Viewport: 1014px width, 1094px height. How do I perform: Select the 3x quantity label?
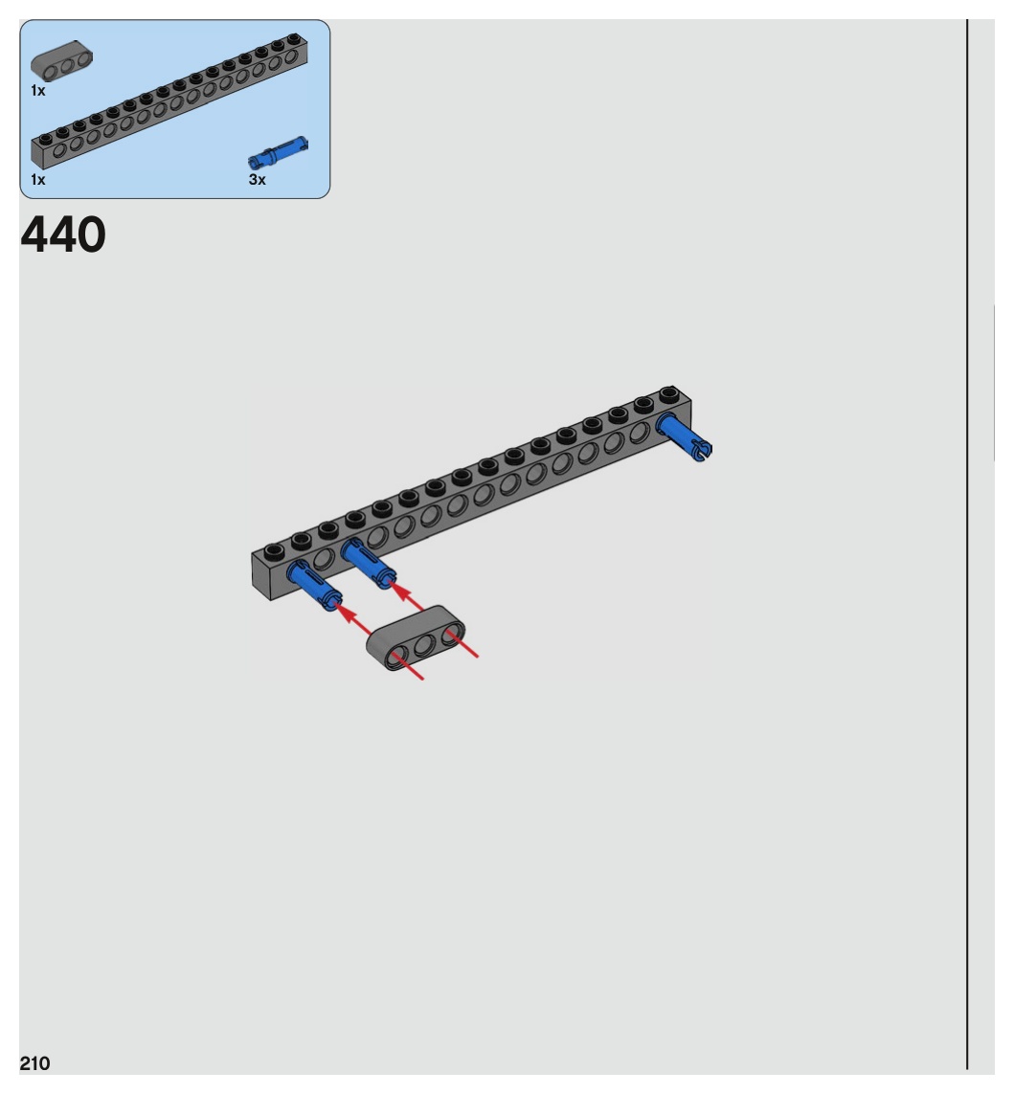coord(257,179)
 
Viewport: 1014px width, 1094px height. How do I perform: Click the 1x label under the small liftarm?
coord(38,90)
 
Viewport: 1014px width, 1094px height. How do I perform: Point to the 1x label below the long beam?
coord(38,179)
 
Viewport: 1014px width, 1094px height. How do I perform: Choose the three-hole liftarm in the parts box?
coord(62,63)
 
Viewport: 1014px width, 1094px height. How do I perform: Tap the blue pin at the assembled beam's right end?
coord(686,437)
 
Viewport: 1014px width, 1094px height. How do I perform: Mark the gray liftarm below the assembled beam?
coord(417,639)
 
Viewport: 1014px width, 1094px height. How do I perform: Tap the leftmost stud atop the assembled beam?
coord(274,550)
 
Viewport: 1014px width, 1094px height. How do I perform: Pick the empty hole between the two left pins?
coord(324,558)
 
